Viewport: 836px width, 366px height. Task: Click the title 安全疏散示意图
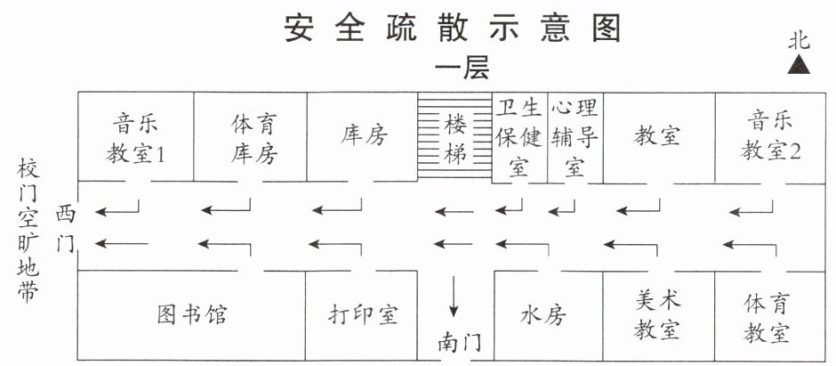452,27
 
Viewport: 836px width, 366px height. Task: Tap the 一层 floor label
462,69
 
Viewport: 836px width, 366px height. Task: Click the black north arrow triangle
799,65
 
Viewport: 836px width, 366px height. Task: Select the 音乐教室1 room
135,136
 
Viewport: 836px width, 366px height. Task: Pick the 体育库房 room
250,136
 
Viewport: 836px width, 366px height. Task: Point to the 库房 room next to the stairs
362,136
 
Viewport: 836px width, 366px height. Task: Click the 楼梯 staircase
454,135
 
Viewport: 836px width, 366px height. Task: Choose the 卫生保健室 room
519,138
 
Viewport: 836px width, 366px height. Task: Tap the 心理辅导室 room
575,138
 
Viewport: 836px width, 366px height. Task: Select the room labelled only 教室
659,138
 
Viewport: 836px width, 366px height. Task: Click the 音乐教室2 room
770,138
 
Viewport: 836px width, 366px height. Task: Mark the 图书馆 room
192,315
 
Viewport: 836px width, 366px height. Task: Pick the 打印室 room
361,315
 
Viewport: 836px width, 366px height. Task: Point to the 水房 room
549,315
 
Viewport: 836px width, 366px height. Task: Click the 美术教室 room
659,315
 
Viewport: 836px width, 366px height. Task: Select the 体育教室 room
770,315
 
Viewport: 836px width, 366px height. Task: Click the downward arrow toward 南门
454,297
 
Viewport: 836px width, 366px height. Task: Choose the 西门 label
66,230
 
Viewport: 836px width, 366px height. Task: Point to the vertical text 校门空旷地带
28,231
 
